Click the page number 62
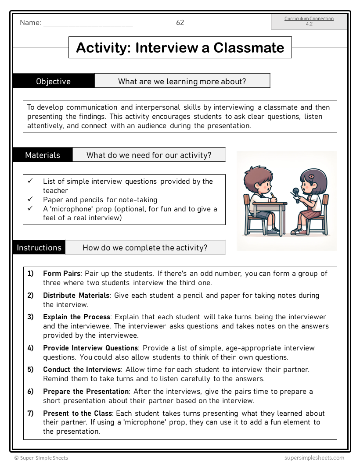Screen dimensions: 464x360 (180, 23)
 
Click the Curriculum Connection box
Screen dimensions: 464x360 (309, 21)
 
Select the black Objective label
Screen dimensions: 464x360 (54, 81)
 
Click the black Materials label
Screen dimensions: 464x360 (43, 155)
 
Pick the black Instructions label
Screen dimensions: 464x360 (39, 247)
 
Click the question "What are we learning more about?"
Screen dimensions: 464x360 (182, 81)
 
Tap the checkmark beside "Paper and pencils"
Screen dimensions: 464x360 (30, 200)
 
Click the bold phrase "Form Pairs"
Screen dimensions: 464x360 (61, 274)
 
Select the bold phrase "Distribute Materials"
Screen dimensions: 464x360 (76, 296)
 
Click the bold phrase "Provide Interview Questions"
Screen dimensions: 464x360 (90, 348)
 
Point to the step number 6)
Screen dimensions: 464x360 (30, 391)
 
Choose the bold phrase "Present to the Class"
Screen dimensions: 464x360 (78, 413)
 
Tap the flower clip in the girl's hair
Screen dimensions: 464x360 (311, 176)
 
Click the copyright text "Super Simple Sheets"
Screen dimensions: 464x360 (41, 458)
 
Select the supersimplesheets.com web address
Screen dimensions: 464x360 (314, 458)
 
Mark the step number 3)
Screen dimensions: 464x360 (30, 317)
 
